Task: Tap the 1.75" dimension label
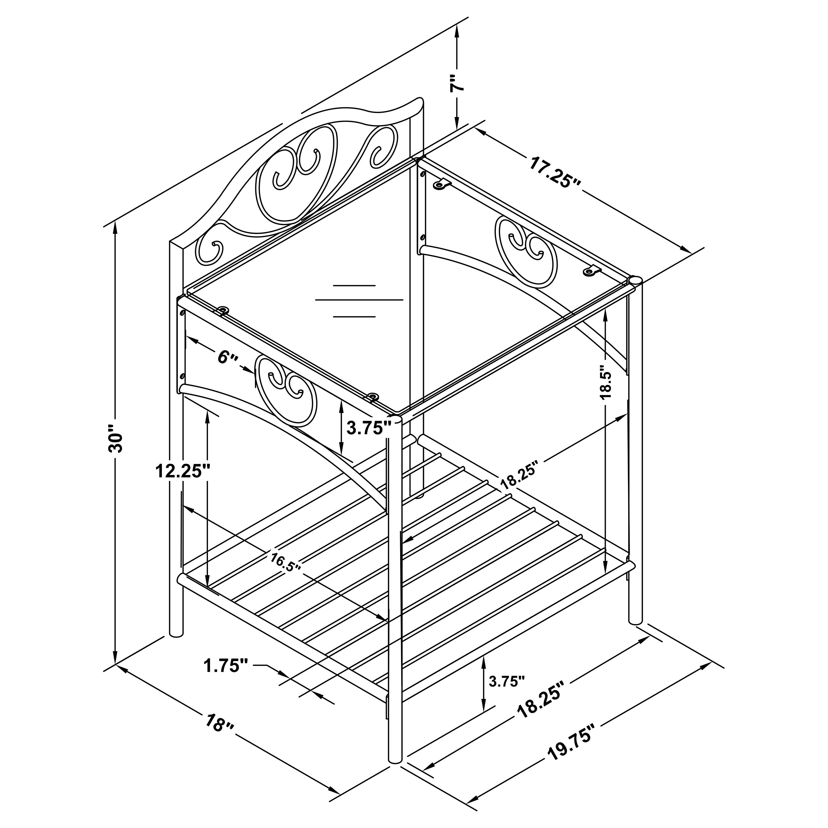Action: [226, 678]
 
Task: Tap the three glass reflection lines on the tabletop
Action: [359, 301]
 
